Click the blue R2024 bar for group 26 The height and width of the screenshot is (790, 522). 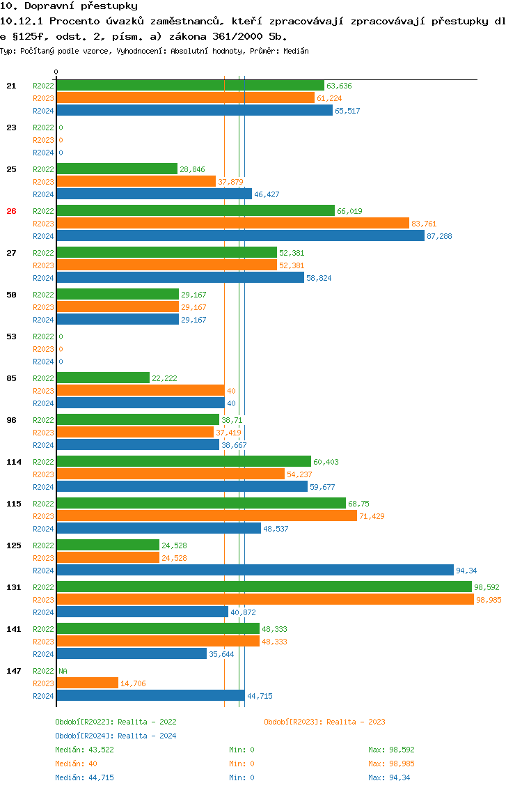click(240, 236)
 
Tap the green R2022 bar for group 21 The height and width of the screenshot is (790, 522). click(190, 86)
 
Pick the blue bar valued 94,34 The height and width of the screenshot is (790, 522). click(255, 571)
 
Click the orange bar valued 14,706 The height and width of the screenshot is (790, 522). click(87, 683)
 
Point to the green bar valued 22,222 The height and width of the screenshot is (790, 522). click(103, 378)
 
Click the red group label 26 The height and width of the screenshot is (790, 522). click(11, 211)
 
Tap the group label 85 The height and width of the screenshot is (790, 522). click(11, 378)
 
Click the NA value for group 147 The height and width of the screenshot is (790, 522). click(63, 671)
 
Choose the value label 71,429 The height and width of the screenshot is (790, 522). click(372, 516)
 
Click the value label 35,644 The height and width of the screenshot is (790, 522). click(221, 654)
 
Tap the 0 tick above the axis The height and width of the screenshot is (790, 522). click(56, 72)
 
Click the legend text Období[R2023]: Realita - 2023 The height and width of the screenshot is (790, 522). click(324, 722)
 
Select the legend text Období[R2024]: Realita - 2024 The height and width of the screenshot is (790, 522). click(116, 736)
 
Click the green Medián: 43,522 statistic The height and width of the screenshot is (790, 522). click(84, 750)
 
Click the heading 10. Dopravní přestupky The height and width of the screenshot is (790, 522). click(68, 6)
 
